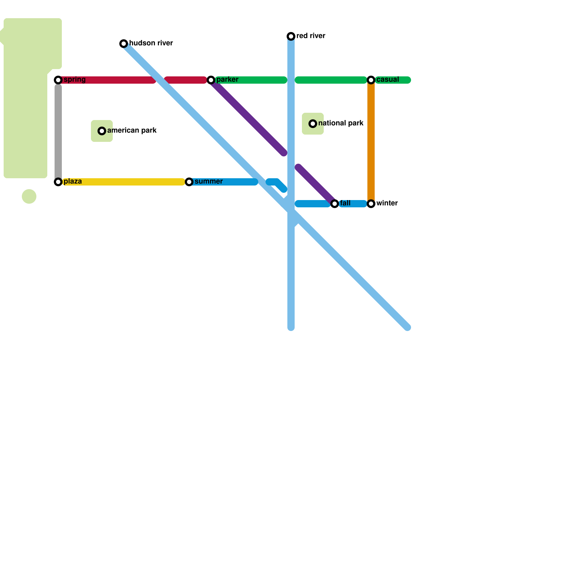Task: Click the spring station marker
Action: click(x=58, y=80)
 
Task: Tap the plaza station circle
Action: click(x=58, y=182)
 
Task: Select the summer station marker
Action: click(x=189, y=182)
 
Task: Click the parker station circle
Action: click(x=211, y=80)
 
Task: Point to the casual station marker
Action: click(x=371, y=80)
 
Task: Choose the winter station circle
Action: click(x=371, y=204)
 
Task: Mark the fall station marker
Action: click(x=335, y=204)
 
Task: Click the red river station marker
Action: click(x=291, y=36)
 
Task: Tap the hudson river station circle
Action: click(x=124, y=44)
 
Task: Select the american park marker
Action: click(x=102, y=131)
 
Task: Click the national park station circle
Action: click(x=313, y=124)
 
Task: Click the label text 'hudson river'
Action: click(x=151, y=43)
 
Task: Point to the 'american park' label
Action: click(x=132, y=131)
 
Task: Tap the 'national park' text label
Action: click(x=341, y=123)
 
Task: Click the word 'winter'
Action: click(x=387, y=203)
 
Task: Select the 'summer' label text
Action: click(x=208, y=182)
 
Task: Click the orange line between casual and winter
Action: click(x=371, y=142)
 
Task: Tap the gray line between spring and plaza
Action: click(x=58, y=131)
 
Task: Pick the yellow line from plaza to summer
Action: click(x=124, y=182)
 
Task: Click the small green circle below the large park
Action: click(x=29, y=196)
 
